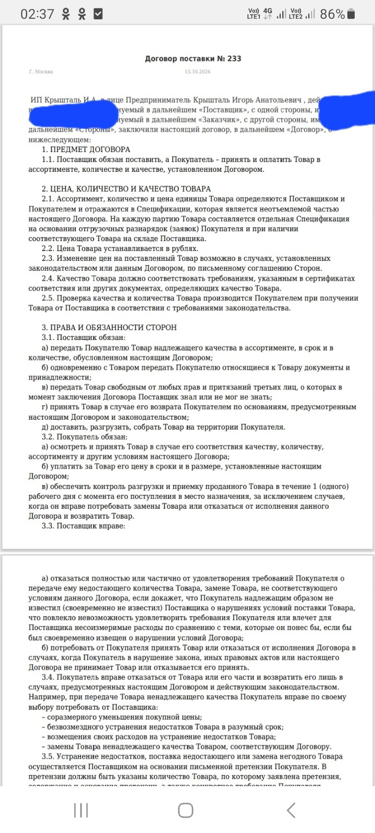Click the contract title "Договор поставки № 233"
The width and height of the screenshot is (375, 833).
[x=193, y=58]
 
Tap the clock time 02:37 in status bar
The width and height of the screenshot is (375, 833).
[x=37, y=14]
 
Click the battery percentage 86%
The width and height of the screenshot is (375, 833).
[x=332, y=14]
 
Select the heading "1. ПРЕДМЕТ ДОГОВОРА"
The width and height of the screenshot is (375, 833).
[x=86, y=149]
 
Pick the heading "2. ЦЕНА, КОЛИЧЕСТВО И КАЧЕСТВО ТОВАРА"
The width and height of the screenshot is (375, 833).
[x=126, y=189]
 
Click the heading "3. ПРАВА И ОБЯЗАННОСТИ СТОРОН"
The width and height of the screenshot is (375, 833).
[x=109, y=327]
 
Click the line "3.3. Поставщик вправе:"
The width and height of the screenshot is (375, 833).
[x=83, y=526]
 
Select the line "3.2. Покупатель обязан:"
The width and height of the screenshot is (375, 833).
[x=85, y=436]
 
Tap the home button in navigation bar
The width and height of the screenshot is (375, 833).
[x=185, y=810]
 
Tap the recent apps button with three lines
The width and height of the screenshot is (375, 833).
[x=81, y=810]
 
